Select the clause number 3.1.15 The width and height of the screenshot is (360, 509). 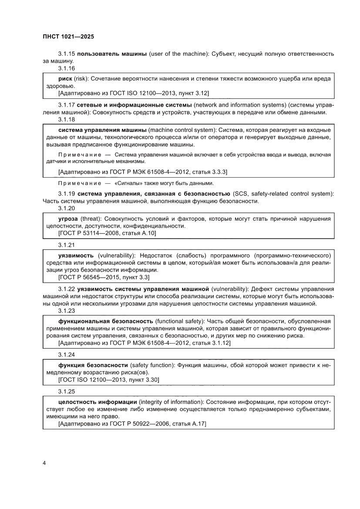[67, 54]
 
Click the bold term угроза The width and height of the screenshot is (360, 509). [68, 218]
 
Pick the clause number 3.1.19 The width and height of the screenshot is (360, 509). [67, 193]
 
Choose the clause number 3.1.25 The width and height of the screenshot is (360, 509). [67, 391]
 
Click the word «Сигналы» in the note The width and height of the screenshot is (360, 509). [127, 183]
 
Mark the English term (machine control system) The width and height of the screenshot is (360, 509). [182, 130]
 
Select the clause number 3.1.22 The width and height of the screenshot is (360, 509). [67, 289]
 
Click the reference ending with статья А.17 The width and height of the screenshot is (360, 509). [132, 423]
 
